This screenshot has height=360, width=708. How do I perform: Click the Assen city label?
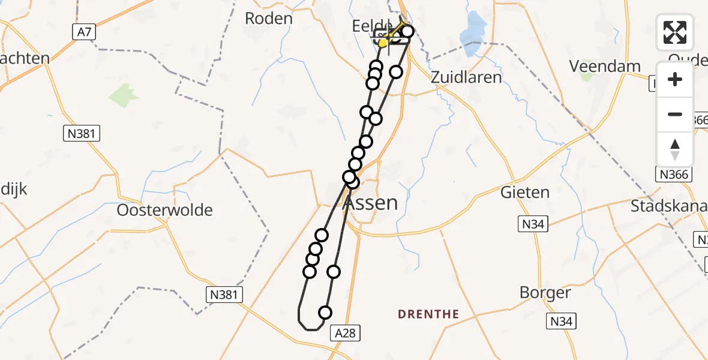(x=371, y=203)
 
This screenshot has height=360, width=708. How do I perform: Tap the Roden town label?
(x=269, y=18)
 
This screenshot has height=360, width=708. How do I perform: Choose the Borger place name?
(x=545, y=293)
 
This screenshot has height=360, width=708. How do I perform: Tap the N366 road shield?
(x=675, y=175)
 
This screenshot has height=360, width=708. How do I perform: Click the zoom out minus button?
(x=675, y=115)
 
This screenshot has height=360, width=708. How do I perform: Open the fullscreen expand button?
(x=675, y=32)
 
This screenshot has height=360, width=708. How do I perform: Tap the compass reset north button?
(x=675, y=149)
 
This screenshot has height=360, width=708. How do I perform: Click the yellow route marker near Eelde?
(x=383, y=43)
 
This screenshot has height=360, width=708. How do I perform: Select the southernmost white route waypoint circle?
(x=325, y=313)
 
